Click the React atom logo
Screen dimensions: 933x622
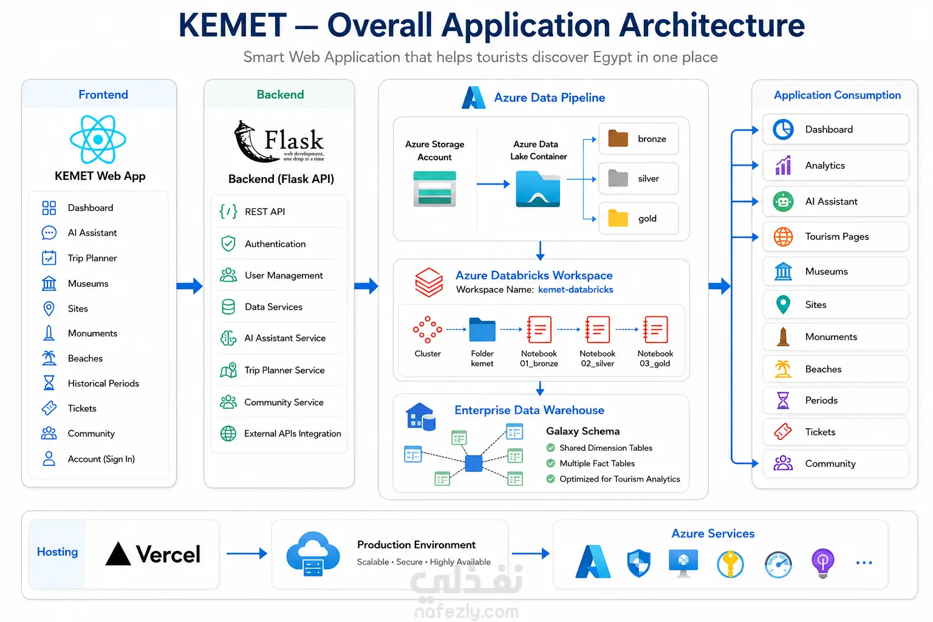point(98,139)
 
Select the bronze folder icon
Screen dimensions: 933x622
point(618,138)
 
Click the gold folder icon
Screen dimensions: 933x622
point(618,218)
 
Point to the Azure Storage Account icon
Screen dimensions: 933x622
point(434,189)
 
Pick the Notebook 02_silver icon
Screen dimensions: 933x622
point(597,329)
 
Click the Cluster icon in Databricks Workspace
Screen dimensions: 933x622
point(428,330)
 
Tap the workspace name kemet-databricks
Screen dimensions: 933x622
point(575,290)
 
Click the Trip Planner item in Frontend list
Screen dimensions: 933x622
point(92,258)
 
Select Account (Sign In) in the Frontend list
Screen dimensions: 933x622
point(101,459)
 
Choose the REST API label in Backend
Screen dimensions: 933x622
point(265,211)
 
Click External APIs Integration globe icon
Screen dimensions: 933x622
point(228,433)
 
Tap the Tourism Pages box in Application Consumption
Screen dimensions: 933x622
point(835,237)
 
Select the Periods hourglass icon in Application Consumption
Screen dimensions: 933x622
point(783,400)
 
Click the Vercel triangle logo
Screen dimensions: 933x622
point(118,554)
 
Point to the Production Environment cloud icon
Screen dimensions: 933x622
point(313,554)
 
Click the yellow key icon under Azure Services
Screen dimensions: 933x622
point(730,564)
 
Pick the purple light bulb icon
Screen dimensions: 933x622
point(822,563)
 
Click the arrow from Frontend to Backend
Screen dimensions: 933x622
point(190,286)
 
